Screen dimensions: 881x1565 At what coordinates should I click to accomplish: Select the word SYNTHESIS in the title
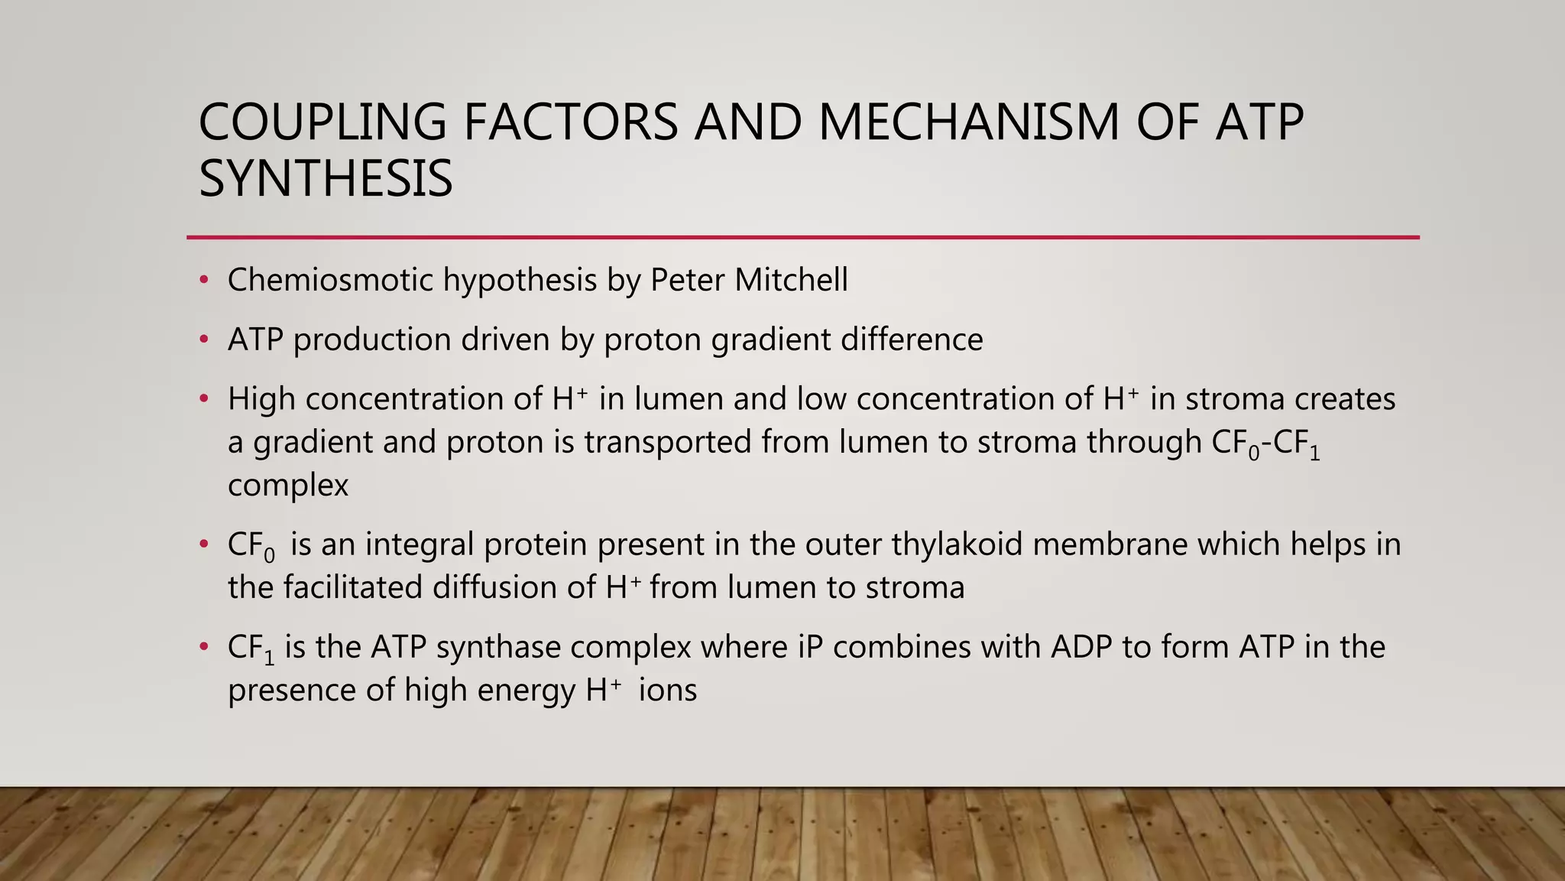(326, 179)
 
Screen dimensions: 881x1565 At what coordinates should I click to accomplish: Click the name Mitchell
(791, 280)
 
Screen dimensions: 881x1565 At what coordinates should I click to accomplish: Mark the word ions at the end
(668, 691)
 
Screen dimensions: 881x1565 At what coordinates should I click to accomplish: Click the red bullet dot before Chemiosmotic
(203, 280)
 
